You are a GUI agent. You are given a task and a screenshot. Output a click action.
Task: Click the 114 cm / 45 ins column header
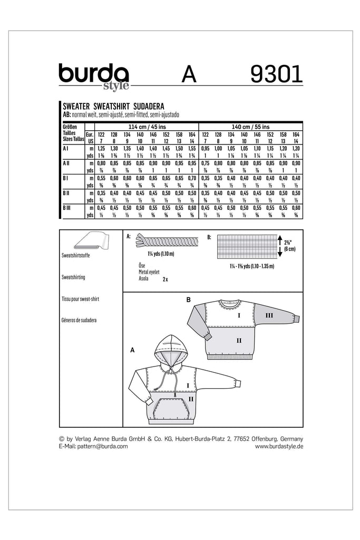[145, 127]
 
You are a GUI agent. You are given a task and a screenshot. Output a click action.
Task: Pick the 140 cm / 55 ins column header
[250, 127]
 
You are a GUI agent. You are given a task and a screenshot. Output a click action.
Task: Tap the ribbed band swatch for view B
[245, 246]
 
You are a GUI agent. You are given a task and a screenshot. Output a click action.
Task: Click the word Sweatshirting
[73, 276]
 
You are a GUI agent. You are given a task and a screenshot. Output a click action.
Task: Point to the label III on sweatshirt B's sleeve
[269, 315]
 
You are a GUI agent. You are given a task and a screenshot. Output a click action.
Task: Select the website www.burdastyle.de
[279, 446]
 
